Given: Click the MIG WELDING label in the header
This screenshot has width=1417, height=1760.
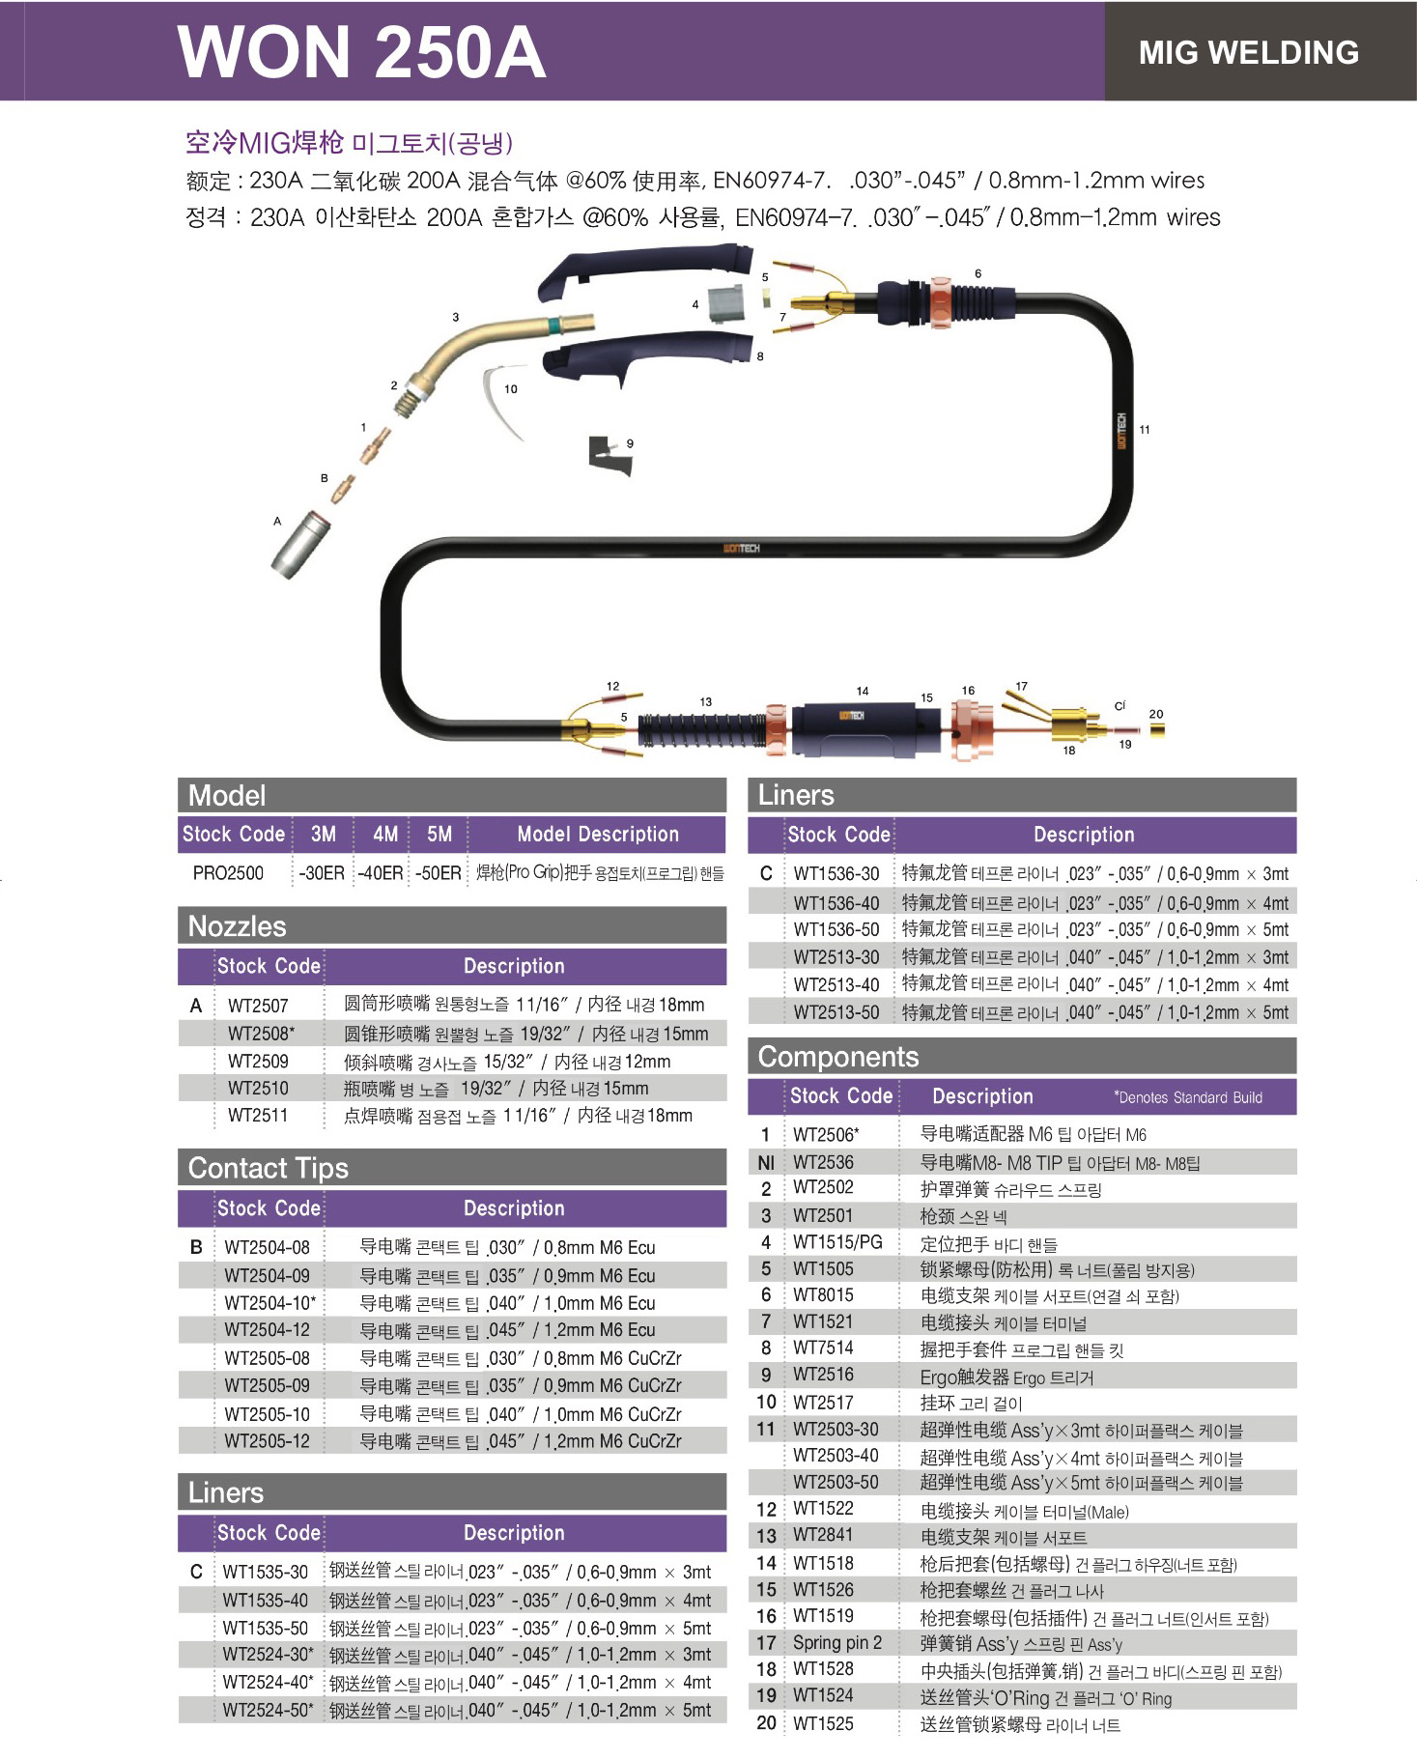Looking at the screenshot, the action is pos(1248,52).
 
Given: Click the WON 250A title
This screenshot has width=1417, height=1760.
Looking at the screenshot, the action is pos(361,51).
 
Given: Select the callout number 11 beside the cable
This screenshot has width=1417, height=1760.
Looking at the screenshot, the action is pos(1145,430).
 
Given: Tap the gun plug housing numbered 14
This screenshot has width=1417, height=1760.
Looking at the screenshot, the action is pos(864,728).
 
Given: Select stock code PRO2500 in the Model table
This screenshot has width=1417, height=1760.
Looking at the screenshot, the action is pos(228,873).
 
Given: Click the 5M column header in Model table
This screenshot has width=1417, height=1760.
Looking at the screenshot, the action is pos(439,834).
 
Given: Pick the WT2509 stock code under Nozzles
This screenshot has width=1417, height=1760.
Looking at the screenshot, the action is pos(258,1062).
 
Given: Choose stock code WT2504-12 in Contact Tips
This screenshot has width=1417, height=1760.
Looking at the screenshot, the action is pos(268,1330).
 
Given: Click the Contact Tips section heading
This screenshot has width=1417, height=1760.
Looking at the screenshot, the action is pos(269,1168).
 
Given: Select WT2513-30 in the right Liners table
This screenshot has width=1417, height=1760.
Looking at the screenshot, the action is pos(836,957).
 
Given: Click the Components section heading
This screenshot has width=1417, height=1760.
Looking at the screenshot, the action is pos(838,1057).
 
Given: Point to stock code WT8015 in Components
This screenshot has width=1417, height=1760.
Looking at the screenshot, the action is pos(824,1295).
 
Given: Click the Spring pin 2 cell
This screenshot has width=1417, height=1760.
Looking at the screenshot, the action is pos(837,1643).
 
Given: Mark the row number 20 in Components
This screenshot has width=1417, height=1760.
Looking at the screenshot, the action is pos(767,1723).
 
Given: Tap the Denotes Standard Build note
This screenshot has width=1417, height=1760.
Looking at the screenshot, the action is pos(1188,1097).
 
